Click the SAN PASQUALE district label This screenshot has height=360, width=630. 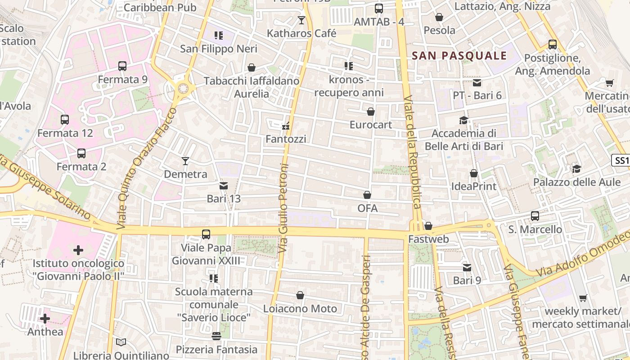459,56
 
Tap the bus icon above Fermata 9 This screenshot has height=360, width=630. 122,66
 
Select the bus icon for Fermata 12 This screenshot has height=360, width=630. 65,120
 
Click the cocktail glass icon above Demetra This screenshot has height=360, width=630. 185,161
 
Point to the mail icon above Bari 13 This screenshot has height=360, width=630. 224,185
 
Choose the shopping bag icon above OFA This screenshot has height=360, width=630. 367,195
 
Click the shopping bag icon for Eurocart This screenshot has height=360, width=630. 371,111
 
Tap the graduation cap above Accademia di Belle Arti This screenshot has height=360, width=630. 463,120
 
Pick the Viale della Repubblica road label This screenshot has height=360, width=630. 413,153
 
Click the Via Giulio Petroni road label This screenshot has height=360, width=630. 283,207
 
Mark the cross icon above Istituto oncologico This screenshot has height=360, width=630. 78,250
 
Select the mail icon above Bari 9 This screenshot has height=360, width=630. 467,268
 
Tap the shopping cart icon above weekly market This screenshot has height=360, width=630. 583,298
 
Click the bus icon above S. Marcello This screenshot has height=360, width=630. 535,216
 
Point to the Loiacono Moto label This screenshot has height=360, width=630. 300,309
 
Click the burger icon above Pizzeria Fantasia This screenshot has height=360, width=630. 216,336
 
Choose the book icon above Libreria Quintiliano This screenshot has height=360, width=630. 121,342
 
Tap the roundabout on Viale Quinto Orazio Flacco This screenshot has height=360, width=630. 183,88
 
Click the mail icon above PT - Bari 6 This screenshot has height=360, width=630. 477,82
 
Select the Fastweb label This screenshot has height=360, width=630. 428,239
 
